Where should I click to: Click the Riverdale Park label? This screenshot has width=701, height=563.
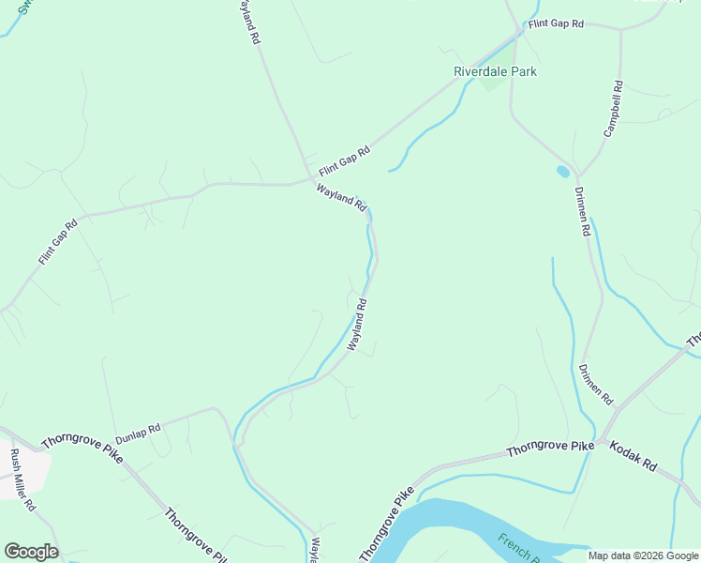coord(495,71)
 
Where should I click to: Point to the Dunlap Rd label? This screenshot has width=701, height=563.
coord(138,434)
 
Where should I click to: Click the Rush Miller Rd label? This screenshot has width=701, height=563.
coord(22,479)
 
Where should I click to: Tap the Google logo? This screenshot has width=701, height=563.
coord(31,551)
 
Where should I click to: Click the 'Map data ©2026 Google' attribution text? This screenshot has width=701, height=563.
coord(643,555)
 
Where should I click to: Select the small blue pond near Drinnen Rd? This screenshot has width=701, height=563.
coord(562,172)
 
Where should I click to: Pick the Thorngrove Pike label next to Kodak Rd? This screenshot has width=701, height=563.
coord(550,449)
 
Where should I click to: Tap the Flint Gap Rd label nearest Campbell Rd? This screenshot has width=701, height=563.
coord(555,24)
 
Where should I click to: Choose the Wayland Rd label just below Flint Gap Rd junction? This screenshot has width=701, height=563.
coord(339,199)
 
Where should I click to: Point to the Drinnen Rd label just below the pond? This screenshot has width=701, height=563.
coord(582,210)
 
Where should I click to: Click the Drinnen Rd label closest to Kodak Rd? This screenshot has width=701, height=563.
coord(595,384)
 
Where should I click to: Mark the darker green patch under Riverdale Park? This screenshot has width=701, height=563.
coord(493,83)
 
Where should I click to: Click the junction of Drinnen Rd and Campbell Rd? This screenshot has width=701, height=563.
coord(577,176)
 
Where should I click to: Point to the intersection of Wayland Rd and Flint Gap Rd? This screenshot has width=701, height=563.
coord(311,180)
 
